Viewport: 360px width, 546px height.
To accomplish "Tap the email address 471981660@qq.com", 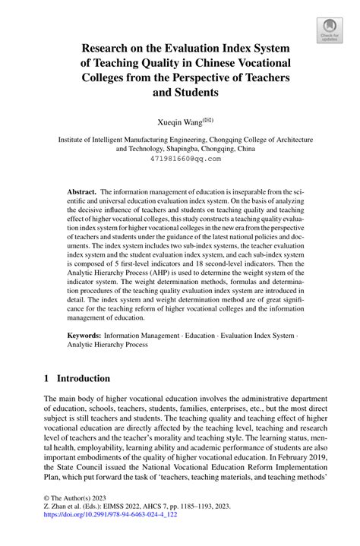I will [180, 159].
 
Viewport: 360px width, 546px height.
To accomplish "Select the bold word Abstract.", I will [81, 194].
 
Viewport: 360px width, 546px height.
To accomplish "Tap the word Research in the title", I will [112, 48].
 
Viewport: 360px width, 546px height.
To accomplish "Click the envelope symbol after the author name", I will [207, 118].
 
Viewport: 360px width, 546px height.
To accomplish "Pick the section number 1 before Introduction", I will [47, 378].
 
